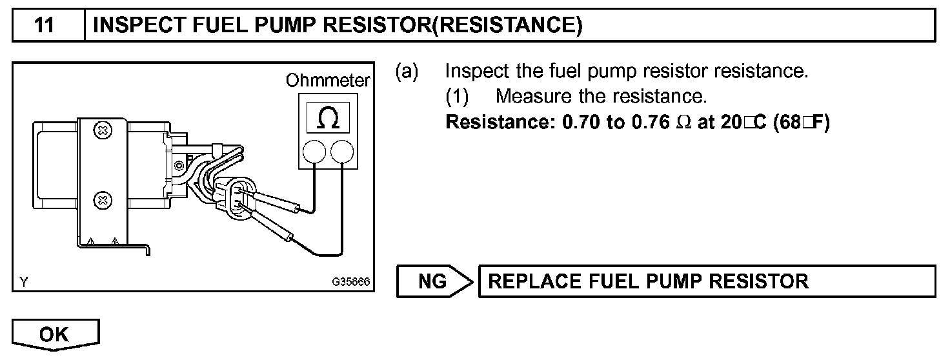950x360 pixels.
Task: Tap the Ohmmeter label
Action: (x=328, y=81)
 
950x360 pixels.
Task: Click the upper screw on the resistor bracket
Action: (x=102, y=132)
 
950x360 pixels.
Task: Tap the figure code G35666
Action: (x=350, y=283)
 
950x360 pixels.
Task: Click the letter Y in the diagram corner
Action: (x=24, y=282)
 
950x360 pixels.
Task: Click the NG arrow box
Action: (x=434, y=281)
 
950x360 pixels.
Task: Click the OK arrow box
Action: (x=56, y=334)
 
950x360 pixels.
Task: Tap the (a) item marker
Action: (x=407, y=70)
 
